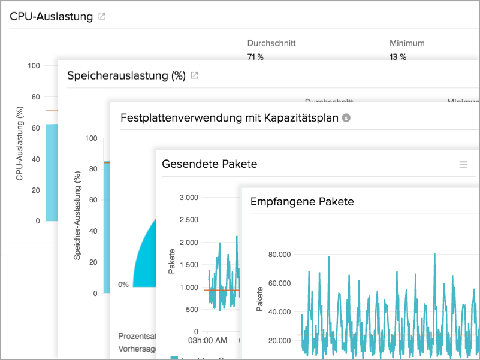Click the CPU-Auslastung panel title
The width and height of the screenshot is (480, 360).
click(x=52, y=16)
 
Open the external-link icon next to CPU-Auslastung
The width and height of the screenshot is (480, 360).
click(x=102, y=16)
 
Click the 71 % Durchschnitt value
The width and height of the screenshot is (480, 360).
click(x=255, y=57)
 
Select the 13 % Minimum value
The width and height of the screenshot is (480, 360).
click(x=398, y=57)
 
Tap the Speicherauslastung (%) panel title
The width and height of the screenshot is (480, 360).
click(x=126, y=75)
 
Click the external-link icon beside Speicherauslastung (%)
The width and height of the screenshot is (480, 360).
click(x=194, y=75)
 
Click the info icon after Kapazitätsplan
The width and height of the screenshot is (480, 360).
click(x=346, y=118)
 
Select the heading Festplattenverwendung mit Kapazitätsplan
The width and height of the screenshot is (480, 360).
click(x=229, y=117)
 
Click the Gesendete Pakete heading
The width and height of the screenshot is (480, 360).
click(x=210, y=164)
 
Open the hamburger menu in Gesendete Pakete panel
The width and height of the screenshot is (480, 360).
click(x=463, y=164)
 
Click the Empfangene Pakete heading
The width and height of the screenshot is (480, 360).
click(x=302, y=202)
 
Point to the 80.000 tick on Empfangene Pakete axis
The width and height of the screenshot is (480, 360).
click(x=279, y=255)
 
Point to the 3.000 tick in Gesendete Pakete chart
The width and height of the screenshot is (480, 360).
click(x=188, y=198)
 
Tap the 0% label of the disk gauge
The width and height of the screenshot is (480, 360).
click(x=123, y=285)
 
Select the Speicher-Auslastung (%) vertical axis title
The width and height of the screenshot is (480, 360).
click(x=77, y=216)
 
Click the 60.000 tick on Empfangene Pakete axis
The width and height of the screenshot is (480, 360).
click(x=279, y=283)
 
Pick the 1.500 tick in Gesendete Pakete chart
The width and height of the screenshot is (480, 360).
click(x=188, y=265)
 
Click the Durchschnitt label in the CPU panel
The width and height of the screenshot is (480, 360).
click(x=271, y=43)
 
